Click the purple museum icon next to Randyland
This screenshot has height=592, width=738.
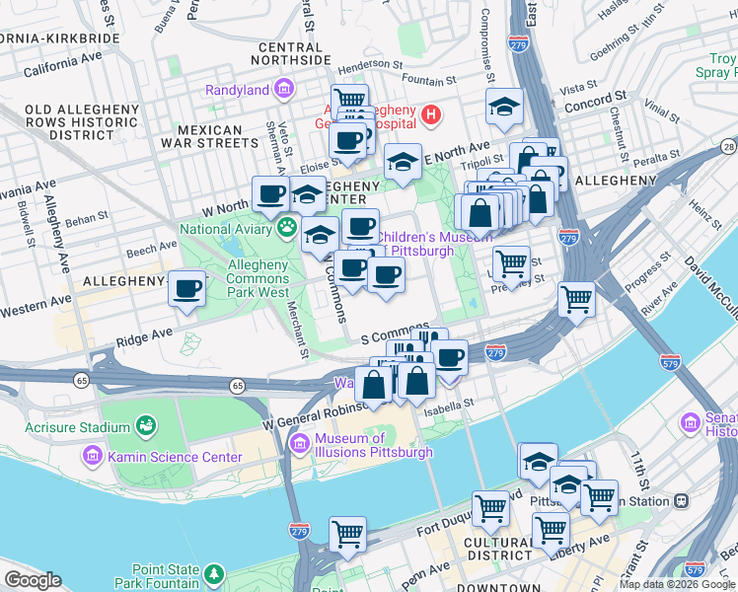click(x=284, y=90)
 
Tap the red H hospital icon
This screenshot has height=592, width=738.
click(x=430, y=115)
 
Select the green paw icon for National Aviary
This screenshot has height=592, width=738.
click(x=286, y=229)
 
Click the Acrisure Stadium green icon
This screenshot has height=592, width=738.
click(x=146, y=426)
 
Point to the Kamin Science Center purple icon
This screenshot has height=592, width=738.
click(x=93, y=457)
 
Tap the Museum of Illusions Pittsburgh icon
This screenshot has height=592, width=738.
click(x=300, y=446)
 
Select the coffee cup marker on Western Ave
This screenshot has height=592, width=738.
click(x=186, y=289)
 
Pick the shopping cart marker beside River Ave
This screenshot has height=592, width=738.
click(x=575, y=299)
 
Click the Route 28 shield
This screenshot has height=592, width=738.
click(x=728, y=147)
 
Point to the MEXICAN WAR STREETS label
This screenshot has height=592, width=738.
click(x=210, y=136)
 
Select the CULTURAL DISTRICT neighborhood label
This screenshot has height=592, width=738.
click(x=501, y=549)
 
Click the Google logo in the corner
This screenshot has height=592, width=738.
click(x=33, y=580)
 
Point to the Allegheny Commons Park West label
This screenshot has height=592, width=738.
click(x=259, y=278)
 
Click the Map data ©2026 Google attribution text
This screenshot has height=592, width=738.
click(x=676, y=584)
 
